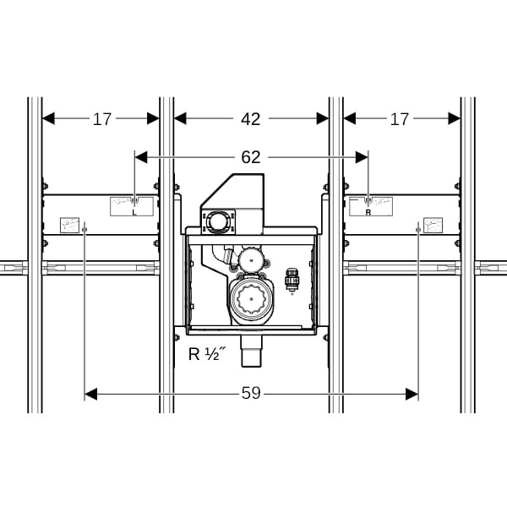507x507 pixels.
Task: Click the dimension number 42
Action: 251,119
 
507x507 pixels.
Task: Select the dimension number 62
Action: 251,157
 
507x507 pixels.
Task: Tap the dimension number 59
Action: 251,393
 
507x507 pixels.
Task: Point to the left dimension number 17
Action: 102,119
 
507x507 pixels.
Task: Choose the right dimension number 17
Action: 400,119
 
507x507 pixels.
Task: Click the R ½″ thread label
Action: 207,354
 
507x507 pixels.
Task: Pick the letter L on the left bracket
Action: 134,212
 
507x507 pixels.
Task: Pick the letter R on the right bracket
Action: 368,212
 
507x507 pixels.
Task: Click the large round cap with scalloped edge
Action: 252,300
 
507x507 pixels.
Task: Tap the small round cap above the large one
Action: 251,259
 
